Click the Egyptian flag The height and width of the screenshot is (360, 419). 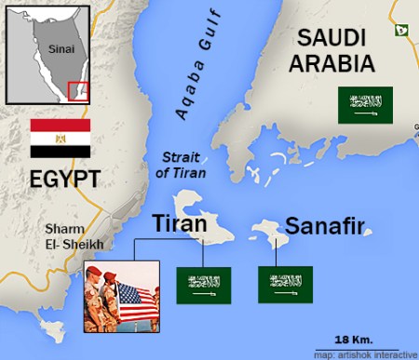coord(60,138)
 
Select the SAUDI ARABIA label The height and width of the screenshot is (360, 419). coord(332,51)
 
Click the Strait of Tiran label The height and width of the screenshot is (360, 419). coord(183,165)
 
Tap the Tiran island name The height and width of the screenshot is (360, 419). coord(179,224)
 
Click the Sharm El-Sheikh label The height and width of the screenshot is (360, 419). coord(77,237)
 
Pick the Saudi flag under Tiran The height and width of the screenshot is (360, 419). coord(204,285)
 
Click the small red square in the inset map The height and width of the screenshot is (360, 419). coord(78,90)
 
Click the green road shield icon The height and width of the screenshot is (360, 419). coord(400,31)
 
